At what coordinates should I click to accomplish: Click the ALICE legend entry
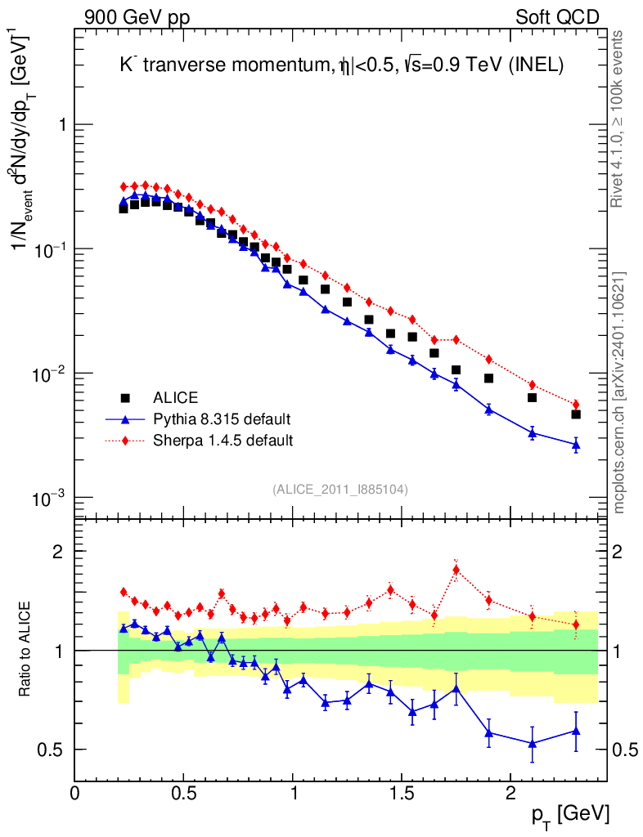[x=176, y=398]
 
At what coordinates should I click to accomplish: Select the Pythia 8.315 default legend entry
[x=222, y=419]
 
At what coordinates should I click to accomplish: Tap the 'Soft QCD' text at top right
[x=557, y=17]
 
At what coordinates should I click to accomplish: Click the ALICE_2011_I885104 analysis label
[x=340, y=489]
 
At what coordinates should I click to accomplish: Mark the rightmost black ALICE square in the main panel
[x=576, y=414]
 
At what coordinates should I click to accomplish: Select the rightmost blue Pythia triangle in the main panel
[x=576, y=445]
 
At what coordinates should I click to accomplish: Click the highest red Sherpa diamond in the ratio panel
[x=456, y=570]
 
